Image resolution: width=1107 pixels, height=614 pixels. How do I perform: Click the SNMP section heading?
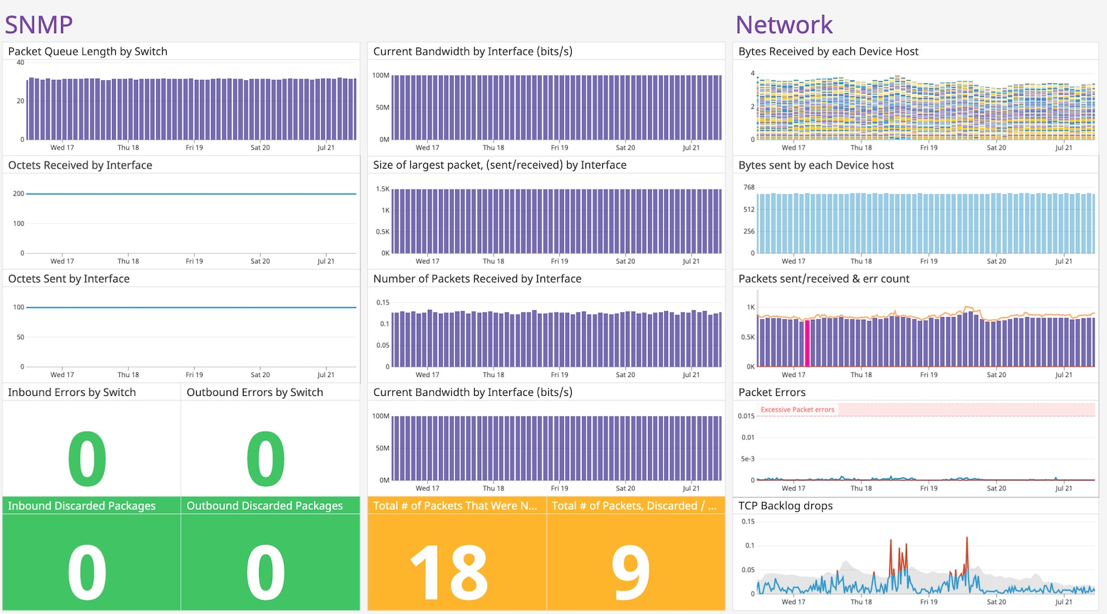pyautogui.click(x=38, y=25)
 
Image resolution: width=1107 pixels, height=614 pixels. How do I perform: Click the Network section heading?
pyautogui.click(x=783, y=25)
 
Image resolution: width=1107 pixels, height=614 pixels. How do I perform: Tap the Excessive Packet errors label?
pyautogui.click(x=797, y=410)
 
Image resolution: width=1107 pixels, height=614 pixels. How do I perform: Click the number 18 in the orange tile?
pyautogui.click(x=449, y=572)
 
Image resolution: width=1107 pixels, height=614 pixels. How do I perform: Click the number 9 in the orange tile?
pyautogui.click(x=630, y=572)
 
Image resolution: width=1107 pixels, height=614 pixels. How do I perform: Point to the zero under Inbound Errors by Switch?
pyautogui.click(x=87, y=459)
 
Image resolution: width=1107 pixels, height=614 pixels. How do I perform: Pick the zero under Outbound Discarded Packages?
pyautogui.click(x=266, y=572)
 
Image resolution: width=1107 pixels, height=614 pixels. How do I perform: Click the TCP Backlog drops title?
pyautogui.click(x=785, y=506)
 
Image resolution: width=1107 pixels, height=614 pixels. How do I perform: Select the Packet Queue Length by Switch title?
pyautogui.click(x=87, y=51)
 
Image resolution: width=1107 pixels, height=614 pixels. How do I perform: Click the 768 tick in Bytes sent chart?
pyautogui.click(x=749, y=188)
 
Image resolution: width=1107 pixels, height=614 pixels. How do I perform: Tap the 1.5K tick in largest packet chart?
pyautogui.click(x=382, y=189)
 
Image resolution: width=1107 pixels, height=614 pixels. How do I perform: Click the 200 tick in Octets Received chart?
pyautogui.click(x=18, y=193)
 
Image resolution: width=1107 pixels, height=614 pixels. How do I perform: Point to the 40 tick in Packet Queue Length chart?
pyautogui.click(x=20, y=63)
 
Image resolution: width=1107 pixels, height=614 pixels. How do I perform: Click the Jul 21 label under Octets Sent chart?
pyautogui.click(x=326, y=374)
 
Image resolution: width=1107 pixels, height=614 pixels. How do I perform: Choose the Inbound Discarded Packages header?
pyautogui.click(x=81, y=506)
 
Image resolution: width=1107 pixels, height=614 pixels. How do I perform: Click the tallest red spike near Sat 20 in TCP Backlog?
pyautogui.click(x=967, y=540)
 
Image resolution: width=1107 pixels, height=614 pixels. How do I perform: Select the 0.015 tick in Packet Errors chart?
pyautogui.click(x=746, y=416)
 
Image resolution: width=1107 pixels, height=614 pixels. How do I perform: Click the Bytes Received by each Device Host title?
pyautogui.click(x=828, y=51)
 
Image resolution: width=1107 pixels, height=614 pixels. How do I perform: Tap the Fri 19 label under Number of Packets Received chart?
pyautogui.click(x=559, y=374)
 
